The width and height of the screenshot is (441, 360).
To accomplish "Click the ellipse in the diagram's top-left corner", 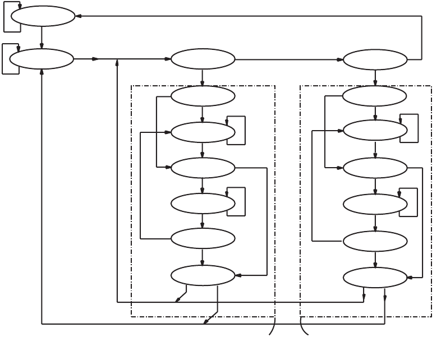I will coord(43,16).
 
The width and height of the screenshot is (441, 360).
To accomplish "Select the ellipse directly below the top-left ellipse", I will coord(42,59).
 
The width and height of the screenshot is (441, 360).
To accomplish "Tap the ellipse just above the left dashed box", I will coord(203,59).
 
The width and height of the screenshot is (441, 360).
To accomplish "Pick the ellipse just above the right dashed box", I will coord(375,59).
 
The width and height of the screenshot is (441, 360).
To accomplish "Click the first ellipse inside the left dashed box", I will coord(203,96).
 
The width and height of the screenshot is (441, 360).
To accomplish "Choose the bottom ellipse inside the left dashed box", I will coord(203,275).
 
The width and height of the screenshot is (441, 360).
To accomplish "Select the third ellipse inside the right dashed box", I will coord(375,168).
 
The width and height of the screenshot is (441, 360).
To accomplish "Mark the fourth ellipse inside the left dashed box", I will coord(203,203).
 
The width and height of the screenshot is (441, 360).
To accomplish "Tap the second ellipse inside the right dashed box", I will coord(375,131).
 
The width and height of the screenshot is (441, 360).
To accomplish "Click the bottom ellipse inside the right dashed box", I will coord(375,277).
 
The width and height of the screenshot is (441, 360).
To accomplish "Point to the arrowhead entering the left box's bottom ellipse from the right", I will coord(238,275).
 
